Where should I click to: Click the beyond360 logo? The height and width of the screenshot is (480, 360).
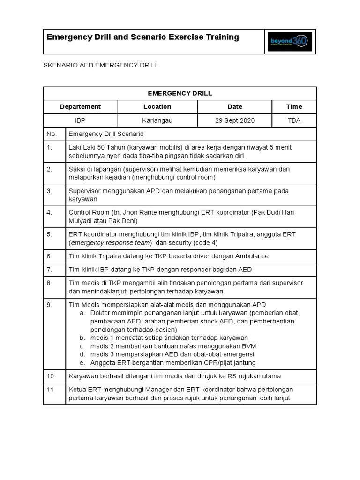point(288,42)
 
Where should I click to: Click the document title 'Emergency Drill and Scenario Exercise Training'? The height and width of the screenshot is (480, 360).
point(142,37)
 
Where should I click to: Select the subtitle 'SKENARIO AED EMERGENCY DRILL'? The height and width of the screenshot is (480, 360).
point(101,65)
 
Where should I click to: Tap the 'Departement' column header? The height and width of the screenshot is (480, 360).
point(80,106)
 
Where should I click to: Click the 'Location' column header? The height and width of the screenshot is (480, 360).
point(157,106)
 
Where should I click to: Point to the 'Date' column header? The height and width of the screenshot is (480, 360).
point(234,106)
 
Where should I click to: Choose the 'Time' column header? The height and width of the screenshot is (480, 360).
point(294,106)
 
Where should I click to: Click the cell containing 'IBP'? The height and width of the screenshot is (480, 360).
point(80,120)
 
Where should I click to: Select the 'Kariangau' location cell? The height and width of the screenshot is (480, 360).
point(157,120)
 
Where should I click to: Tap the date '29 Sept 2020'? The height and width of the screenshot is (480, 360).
point(234,120)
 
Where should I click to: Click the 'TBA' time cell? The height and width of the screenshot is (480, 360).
point(294,120)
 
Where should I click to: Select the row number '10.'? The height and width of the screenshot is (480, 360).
point(52,376)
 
